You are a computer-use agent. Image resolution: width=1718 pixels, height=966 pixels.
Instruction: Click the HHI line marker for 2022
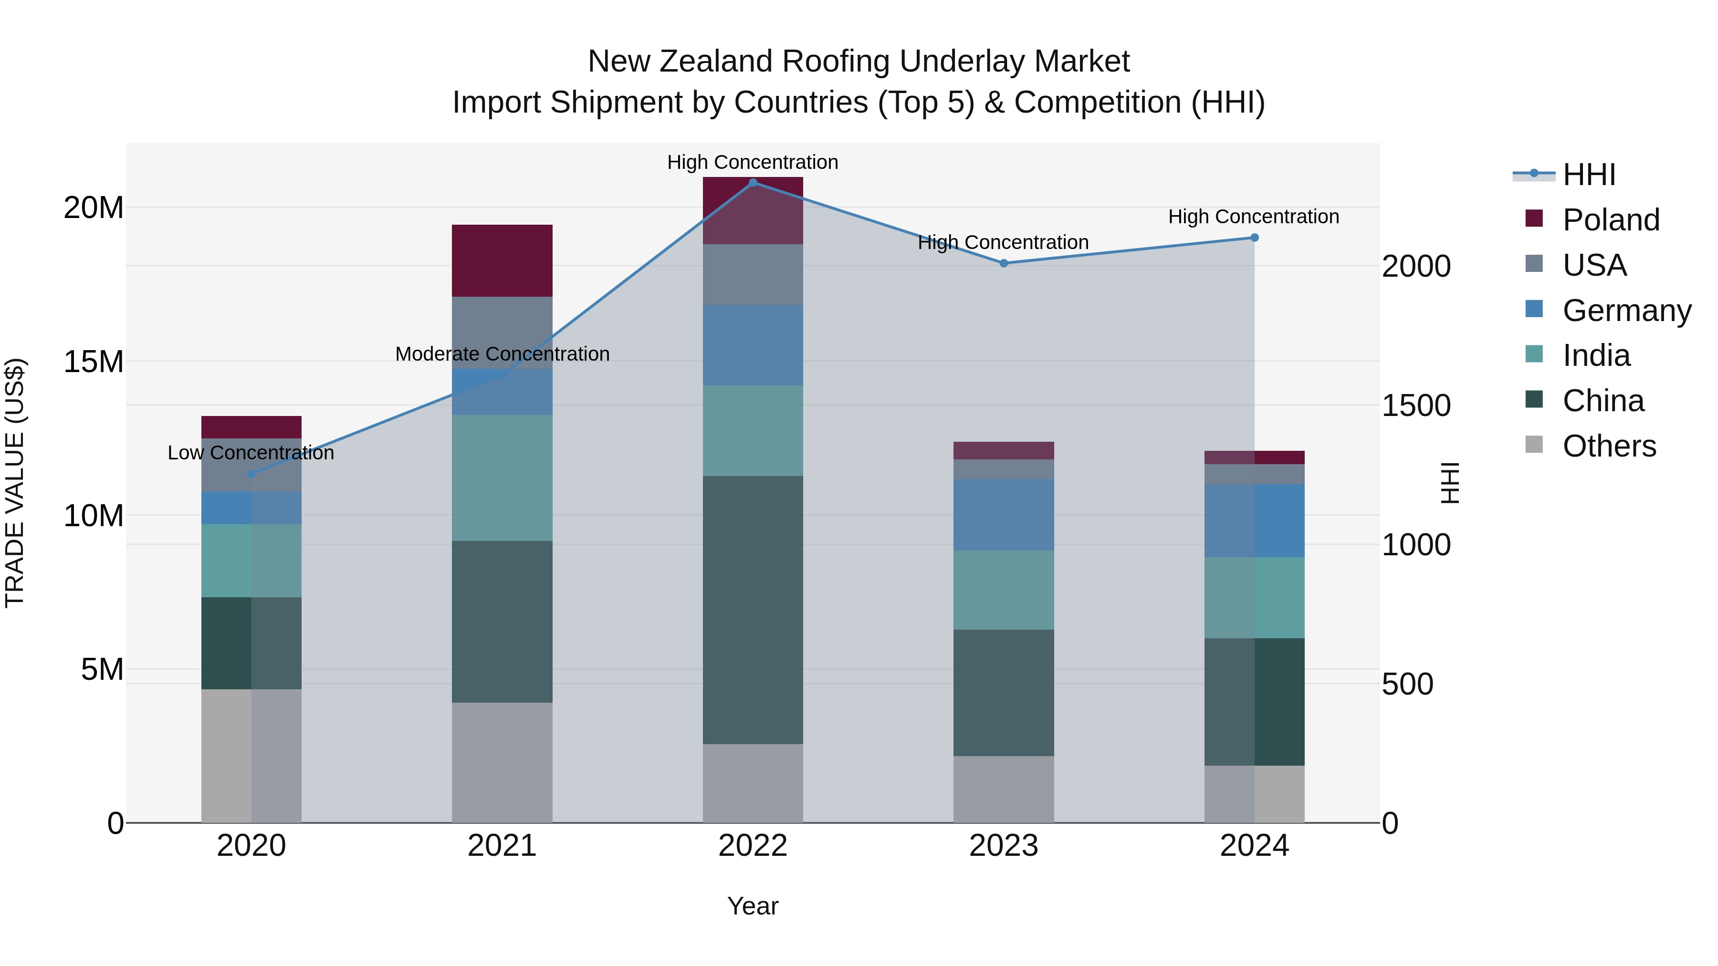tap(753, 182)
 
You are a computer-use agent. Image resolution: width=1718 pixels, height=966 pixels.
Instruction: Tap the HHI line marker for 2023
tap(1004, 263)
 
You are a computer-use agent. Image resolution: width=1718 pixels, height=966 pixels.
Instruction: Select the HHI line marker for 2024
tap(1255, 238)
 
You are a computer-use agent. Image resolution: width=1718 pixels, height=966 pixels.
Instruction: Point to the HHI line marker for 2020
tap(251, 474)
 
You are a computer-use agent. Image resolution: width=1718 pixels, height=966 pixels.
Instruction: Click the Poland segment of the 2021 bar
tap(502, 260)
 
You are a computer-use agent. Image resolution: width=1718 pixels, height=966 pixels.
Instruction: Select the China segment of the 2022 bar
tap(753, 610)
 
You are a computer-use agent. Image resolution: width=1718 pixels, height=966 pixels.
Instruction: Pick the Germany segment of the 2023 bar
tap(1004, 515)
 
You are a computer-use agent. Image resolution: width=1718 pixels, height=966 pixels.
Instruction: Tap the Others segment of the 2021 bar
tap(502, 763)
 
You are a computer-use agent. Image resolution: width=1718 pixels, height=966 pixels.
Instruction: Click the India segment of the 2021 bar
tap(502, 478)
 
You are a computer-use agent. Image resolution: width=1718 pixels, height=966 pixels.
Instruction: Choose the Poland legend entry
tap(1611, 220)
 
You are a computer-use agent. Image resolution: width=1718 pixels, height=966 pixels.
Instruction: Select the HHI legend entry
tap(1589, 175)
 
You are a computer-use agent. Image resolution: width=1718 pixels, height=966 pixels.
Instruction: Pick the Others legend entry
tap(1609, 446)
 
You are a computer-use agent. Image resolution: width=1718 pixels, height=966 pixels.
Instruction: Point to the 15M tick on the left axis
tap(94, 362)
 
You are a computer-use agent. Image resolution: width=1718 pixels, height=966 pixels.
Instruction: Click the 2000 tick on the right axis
tap(1416, 267)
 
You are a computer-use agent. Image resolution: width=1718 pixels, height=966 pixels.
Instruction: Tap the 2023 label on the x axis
tap(1004, 846)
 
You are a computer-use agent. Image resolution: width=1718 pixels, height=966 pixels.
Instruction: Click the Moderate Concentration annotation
tap(502, 354)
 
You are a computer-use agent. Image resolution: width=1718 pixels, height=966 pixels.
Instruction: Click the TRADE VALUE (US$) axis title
tap(15, 483)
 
